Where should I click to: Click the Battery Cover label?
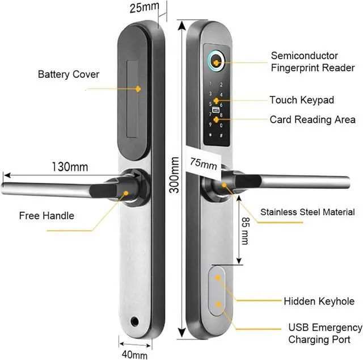pyautogui.click(x=68, y=74)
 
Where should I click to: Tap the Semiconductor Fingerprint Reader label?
pyautogui.click(x=313, y=62)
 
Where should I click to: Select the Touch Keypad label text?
pyautogui.click(x=301, y=101)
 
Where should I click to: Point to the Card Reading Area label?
pyautogui.click(x=313, y=120)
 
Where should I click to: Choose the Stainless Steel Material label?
pyautogui.click(x=307, y=212)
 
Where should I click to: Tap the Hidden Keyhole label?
pyautogui.click(x=319, y=302)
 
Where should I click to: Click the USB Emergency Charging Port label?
pyautogui.click(x=325, y=334)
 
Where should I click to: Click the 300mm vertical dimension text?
pyautogui.click(x=175, y=177)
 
